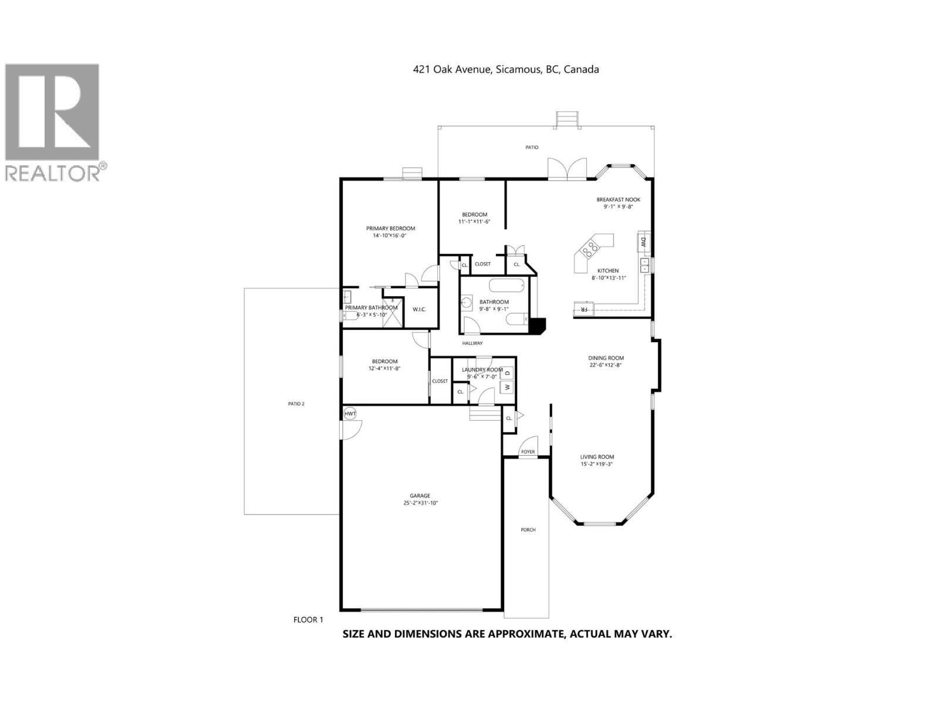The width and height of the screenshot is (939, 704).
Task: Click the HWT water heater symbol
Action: (x=350, y=414)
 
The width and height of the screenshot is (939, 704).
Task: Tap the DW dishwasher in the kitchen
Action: (x=643, y=242)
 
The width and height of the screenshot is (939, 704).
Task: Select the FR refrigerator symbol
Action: (x=584, y=308)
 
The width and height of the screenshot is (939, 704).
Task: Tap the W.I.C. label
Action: (x=419, y=309)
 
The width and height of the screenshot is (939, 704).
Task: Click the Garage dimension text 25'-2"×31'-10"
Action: (x=421, y=503)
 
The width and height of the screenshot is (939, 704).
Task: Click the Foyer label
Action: (x=528, y=452)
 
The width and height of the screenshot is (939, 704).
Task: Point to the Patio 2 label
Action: (x=296, y=404)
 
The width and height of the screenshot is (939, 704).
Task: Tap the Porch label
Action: (x=528, y=530)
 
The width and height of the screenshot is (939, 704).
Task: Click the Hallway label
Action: (x=472, y=343)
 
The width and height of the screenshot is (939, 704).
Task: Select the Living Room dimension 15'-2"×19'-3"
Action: (x=597, y=464)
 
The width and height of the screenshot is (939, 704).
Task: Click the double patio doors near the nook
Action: (x=567, y=169)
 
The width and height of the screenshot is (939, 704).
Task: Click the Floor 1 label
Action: (x=308, y=620)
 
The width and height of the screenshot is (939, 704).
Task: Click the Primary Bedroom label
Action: (x=390, y=228)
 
